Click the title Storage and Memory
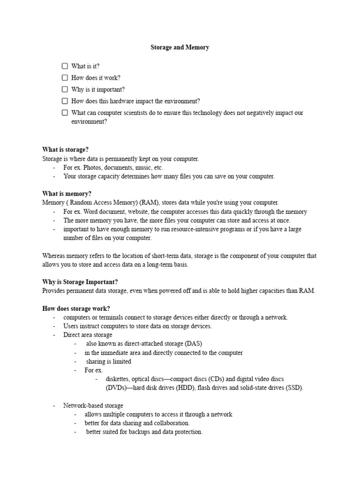coord(180,47)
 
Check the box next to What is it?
coord(65,66)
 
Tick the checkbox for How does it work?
coord(65,78)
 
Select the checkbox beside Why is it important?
coord(65,89)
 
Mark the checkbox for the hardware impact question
coord(65,101)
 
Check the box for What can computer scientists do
coord(65,112)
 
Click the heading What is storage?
coord(65,150)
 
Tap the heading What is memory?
coord(67,194)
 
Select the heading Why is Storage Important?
coord(80,282)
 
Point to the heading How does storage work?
coord(76,308)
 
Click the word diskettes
coord(117,379)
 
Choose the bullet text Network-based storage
coord(93,405)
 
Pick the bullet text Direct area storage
coord(88,335)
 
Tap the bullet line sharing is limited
coord(108,361)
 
